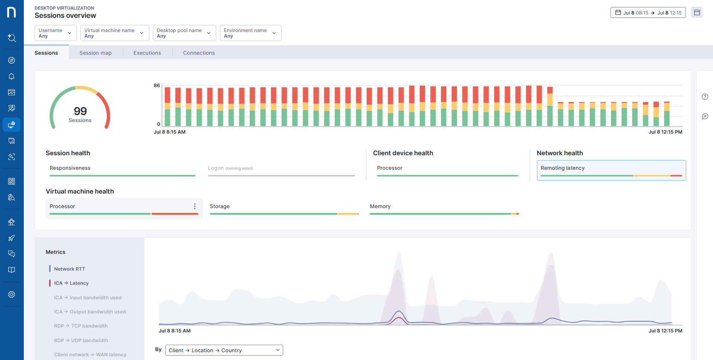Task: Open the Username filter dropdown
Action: (55, 33)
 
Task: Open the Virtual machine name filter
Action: (114, 33)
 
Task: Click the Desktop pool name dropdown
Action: (184, 33)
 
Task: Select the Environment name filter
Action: (250, 33)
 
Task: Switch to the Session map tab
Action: (95, 53)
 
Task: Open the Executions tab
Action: (147, 53)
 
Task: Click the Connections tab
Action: (199, 53)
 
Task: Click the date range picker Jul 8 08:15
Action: (648, 13)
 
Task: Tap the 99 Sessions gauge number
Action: (80, 111)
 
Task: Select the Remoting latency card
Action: (611, 170)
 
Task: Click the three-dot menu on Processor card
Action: (195, 206)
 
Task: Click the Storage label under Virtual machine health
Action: (220, 206)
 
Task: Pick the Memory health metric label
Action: (380, 206)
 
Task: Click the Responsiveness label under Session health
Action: (70, 168)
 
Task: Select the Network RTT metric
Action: (69, 269)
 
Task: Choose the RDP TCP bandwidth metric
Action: (81, 326)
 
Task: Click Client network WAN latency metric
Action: (90, 354)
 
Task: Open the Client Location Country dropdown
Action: (224, 350)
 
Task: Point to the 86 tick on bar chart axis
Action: (157, 86)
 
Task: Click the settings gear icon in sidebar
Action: (12, 294)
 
